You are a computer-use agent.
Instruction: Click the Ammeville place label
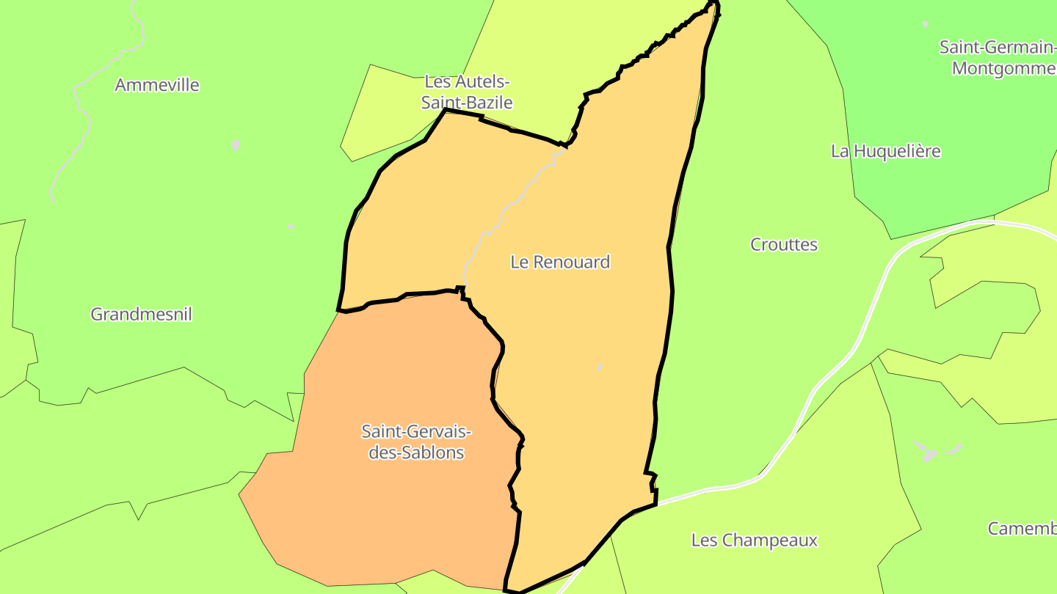click(157, 85)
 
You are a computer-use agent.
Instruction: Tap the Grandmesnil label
click(141, 315)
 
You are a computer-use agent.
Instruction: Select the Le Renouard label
click(560, 262)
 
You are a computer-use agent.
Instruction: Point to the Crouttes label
click(783, 245)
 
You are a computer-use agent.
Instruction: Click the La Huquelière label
click(885, 151)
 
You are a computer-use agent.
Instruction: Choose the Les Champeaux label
click(754, 540)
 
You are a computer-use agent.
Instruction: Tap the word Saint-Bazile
click(467, 103)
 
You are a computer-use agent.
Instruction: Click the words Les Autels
click(467, 81)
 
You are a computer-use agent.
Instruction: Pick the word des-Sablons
click(416, 452)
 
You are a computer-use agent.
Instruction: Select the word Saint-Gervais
click(416, 432)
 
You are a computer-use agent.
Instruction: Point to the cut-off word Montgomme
click(1003, 68)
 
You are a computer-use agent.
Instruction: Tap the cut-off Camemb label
click(1022, 529)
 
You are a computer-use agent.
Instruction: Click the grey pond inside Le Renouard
click(600, 367)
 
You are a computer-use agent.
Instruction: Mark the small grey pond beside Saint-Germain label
click(925, 24)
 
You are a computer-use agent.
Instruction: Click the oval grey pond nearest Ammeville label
click(235, 144)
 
